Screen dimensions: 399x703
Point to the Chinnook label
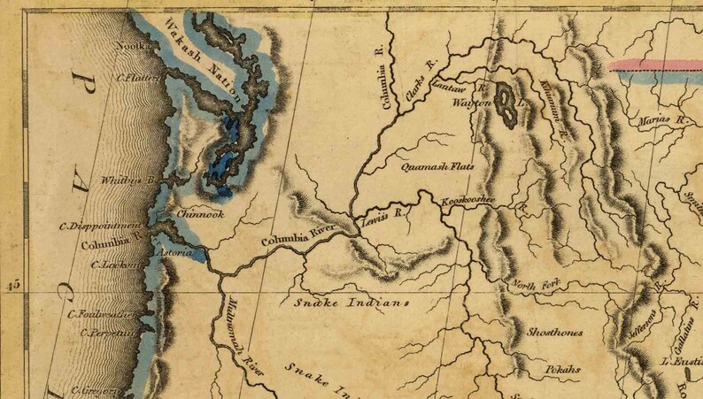(x=200, y=214)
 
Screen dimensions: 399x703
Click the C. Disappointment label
(x=100, y=226)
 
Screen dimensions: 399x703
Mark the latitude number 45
(x=12, y=285)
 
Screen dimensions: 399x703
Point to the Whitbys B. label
(x=129, y=180)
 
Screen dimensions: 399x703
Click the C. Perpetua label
(x=107, y=334)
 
